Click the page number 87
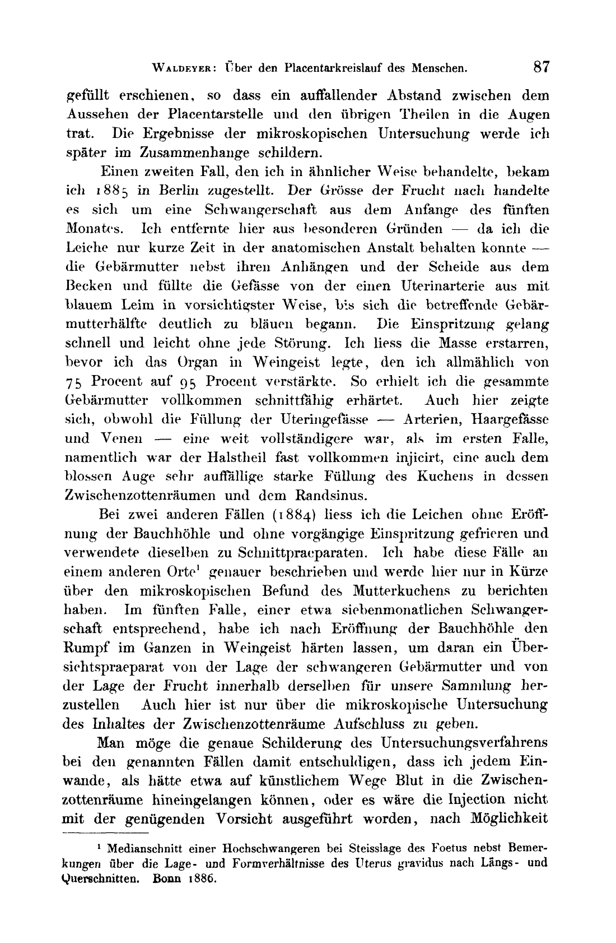(x=542, y=68)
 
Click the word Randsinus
(x=321, y=496)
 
